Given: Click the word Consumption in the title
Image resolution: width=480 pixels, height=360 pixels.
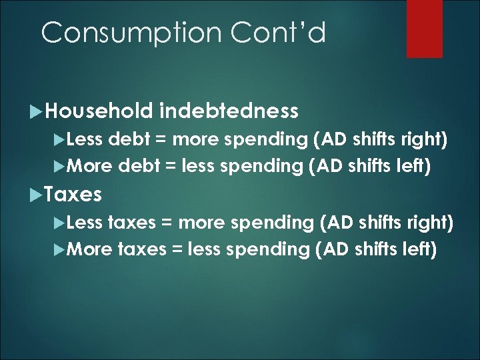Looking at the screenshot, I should tap(123, 32).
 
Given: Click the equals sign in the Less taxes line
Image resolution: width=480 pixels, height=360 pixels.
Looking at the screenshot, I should tap(168, 223).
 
